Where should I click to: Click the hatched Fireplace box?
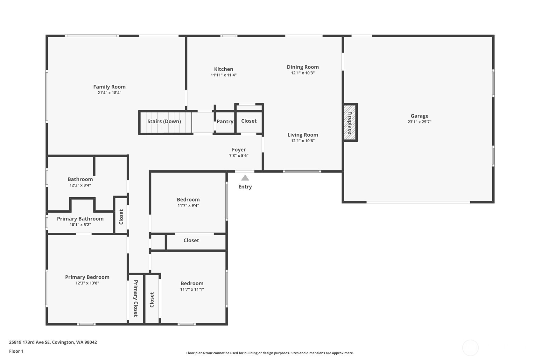(350, 123)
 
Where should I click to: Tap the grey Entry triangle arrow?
(245, 178)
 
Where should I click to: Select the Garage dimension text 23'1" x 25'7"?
(419, 122)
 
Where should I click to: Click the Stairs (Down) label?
(164, 121)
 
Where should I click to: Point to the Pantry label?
(225, 121)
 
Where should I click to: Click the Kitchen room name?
(223, 69)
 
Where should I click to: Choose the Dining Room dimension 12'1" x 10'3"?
(303, 73)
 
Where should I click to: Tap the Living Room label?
(303, 135)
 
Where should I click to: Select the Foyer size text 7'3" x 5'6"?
(239, 156)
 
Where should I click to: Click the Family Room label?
(109, 87)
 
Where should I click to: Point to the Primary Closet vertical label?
(136, 298)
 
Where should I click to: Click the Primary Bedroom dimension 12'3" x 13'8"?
(87, 283)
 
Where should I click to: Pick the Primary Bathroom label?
(80, 219)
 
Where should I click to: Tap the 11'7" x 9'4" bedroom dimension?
(188, 206)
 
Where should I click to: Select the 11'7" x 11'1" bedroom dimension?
(192, 289)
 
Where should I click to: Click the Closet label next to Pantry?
(249, 121)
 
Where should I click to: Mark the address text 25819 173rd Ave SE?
(30, 342)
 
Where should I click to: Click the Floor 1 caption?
(16, 351)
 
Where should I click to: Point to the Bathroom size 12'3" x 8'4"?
(80, 185)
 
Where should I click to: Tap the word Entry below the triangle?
(245, 187)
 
